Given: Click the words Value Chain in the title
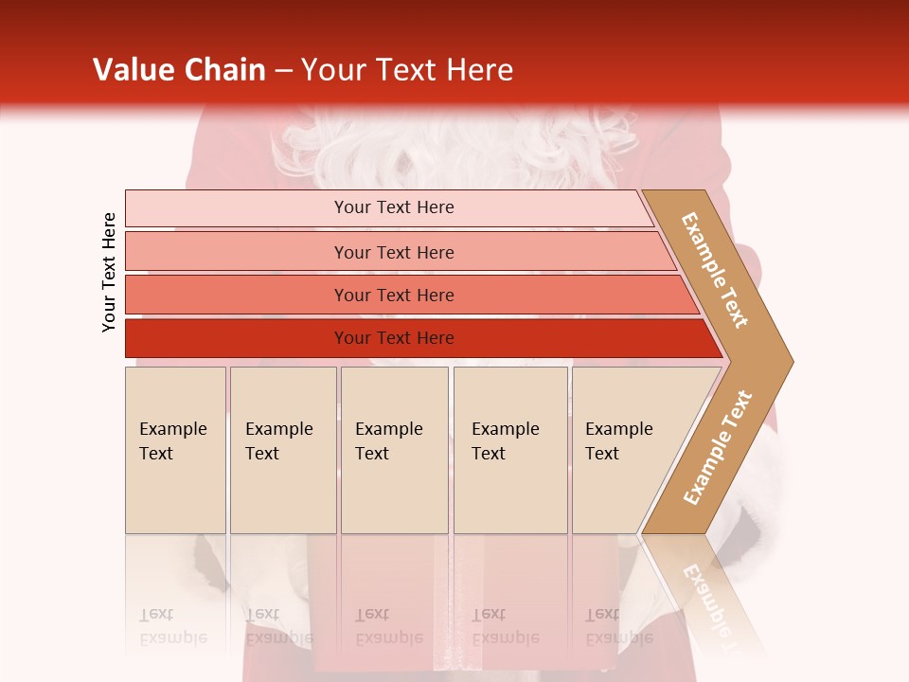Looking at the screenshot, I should coord(179,70).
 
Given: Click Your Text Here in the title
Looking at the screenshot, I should coord(407,70).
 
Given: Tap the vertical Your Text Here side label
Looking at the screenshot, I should coord(109,272).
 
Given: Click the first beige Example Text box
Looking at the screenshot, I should coord(175,450).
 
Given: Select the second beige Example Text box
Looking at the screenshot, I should coord(282,450).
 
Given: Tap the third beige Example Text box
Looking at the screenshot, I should coord(394,450).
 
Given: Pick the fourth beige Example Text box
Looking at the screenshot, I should coord(509,450).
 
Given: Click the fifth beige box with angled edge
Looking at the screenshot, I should coord(625,450).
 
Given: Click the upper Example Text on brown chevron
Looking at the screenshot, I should coord(715,270).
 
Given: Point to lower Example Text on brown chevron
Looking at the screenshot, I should coord(718,447).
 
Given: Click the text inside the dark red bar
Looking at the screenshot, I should coord(394,338).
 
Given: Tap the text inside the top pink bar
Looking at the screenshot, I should coord(394,207).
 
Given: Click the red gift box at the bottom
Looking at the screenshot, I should coord(379,606).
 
